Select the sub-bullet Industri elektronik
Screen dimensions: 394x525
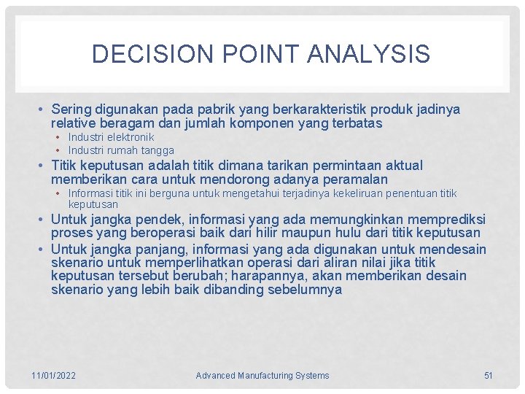coord(111,137)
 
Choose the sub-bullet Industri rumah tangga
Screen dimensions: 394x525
coord(121,150)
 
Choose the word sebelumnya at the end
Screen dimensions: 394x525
coord(306,290)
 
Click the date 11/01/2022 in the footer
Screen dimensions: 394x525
coord(53,376)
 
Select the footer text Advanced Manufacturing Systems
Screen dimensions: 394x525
coord(262,376)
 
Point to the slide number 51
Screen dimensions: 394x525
coord(489,376)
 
